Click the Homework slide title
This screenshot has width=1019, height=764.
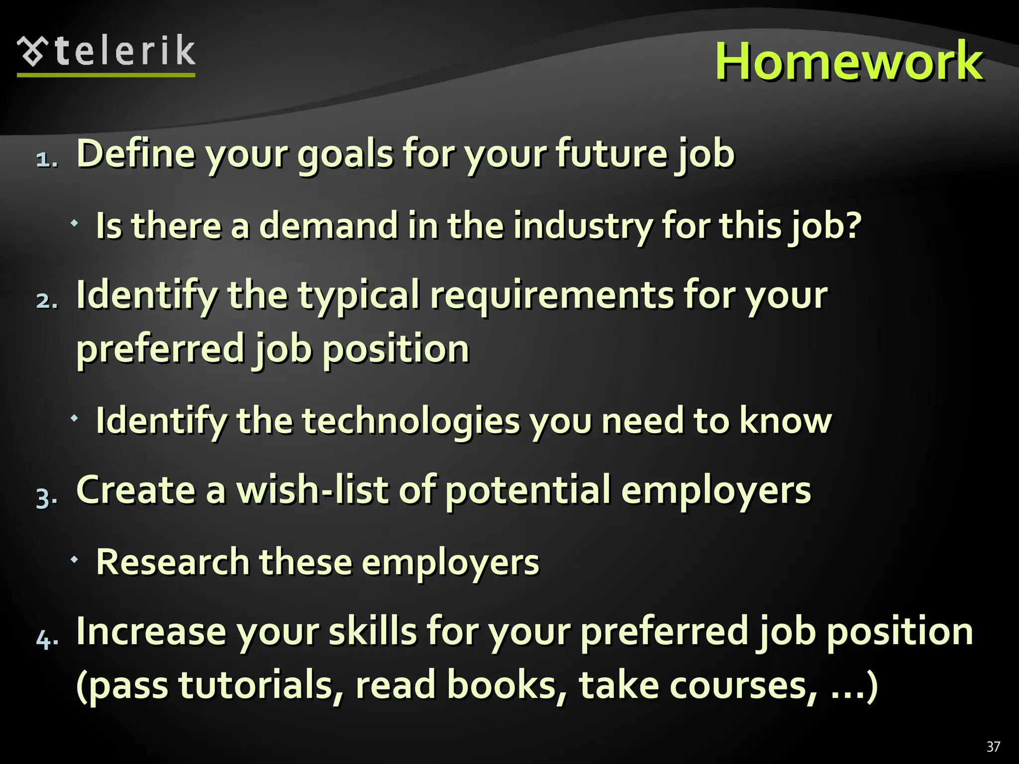click(849, 61)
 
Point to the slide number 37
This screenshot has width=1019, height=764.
click(993, 747)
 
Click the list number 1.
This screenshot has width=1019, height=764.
click(46, 159)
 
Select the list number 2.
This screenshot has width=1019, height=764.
click(46, 300)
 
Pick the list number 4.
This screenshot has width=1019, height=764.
click(46, 639)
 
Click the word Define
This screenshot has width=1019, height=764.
click(135, 153)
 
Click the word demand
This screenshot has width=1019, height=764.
click(328, 225)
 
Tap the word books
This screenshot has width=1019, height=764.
click(507, 685)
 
